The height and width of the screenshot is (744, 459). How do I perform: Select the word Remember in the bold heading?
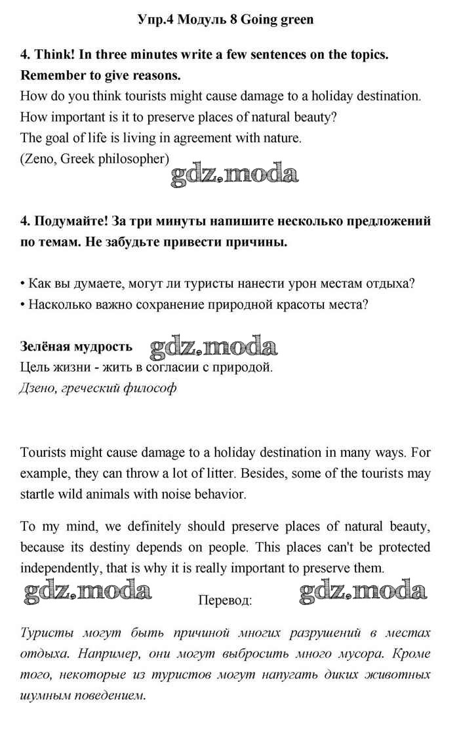(x=54, y=75)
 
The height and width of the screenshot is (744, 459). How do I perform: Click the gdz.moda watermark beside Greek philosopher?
(x=234, y=174)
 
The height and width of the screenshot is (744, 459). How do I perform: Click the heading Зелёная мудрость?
(x=76, y=346)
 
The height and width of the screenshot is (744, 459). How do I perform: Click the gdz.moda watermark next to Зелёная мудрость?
(x=213, y=347)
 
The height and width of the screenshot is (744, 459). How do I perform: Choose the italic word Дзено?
(x=38, y=387)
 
